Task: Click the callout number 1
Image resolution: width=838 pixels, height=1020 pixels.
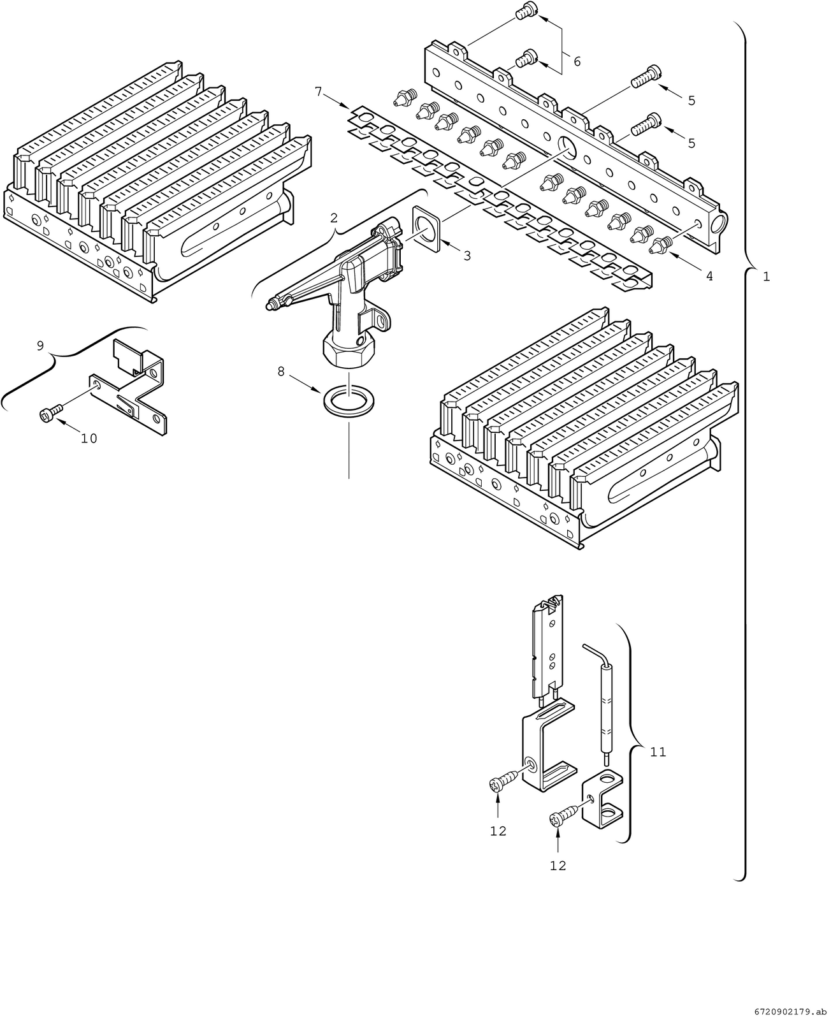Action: point(766,277)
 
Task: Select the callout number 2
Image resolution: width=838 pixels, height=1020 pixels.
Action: point(334,217)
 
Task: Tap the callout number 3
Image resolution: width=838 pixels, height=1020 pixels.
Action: point(466,256)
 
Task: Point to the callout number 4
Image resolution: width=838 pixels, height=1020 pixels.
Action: point(709,276)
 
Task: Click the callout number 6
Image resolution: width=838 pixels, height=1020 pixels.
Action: point(576,61)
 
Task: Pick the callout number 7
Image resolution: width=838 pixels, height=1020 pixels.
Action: point(318,91)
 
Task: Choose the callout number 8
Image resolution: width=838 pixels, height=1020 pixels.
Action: point(281,372)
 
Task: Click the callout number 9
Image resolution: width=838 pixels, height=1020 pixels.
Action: point(40,346)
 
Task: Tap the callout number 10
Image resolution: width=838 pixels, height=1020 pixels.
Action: point(89,439)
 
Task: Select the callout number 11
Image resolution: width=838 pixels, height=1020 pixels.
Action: point(658,752)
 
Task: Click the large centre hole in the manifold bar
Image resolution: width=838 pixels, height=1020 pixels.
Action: point(567,148)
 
